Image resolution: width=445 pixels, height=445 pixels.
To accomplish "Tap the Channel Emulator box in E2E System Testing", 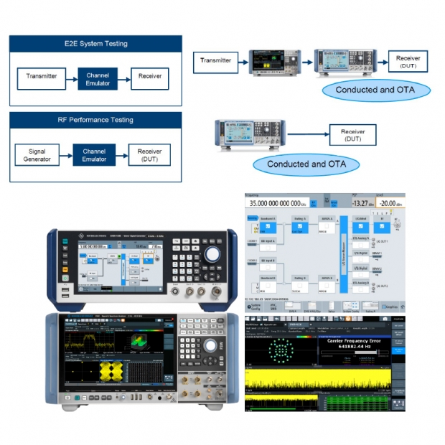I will click(x=97, y=75).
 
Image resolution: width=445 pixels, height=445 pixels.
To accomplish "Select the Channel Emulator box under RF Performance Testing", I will click(x=93, y=154).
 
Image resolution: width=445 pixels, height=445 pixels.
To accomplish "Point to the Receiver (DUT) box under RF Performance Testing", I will click(x=149, y=154).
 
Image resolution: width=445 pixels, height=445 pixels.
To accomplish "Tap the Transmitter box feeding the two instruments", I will click(x=216, y=61).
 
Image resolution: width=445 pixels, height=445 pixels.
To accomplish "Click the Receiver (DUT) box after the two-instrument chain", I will click(x=408, y=62).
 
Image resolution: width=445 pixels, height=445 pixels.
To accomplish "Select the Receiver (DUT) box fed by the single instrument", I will click(x=352, y=134).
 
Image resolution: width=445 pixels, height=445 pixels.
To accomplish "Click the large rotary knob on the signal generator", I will click(x=212, y=256).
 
